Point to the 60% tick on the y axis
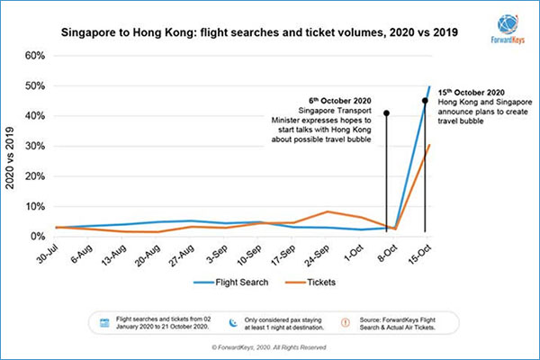point(34,55)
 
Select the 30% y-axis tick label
point(34,146)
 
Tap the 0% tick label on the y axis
point(37,237)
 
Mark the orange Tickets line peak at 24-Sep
point(330,211)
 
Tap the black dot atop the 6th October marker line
point(387,113)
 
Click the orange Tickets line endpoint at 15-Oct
point(429,145)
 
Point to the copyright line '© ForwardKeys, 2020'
point(270,346)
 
